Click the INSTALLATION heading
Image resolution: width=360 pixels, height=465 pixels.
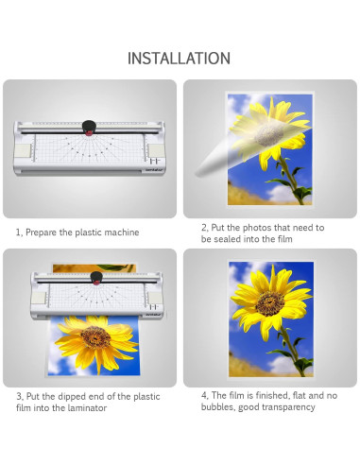pyautogui.click(x=179, y=59)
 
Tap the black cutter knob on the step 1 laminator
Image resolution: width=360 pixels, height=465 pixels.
pyautogui.click(x=89, y=127)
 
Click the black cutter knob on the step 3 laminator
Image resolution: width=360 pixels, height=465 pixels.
pyautogui.click(x=96, y=278)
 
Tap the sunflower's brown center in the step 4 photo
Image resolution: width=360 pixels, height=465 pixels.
pyautogui.click(x=270, y=303)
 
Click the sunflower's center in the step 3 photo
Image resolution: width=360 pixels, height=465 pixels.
pyautogui.click(x=95, y=336)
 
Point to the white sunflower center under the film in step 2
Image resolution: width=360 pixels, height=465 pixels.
pyautogui.click(x=268, y=134)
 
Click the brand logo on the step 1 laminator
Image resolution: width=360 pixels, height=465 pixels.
pyautogui.click(x=155, y=170)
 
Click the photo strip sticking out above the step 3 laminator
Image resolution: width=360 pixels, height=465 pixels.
pyautogui.click(x=94, y=268)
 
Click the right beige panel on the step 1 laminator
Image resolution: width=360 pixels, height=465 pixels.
pyautogui.click(x=157, y=150)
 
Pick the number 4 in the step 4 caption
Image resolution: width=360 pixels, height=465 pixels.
pyautogui.click(x=204, y=396)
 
